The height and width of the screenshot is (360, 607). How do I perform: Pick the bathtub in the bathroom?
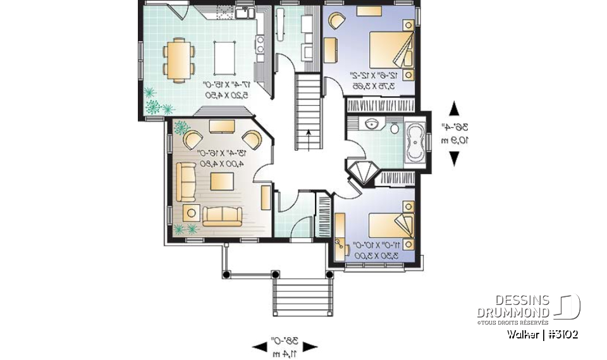[415, 143]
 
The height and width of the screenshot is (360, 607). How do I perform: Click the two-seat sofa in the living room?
[221, 216]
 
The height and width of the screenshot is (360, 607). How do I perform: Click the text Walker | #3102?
[542, 335]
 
